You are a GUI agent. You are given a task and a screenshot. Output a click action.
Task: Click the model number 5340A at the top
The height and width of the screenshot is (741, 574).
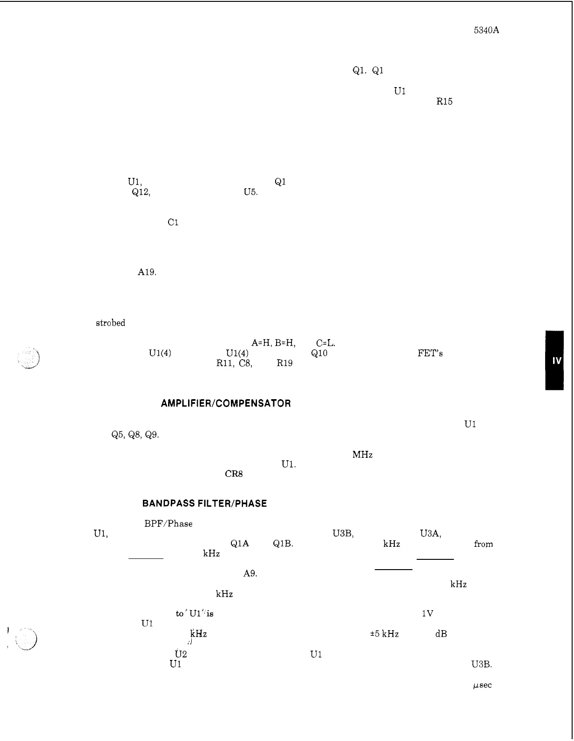pos(486,31)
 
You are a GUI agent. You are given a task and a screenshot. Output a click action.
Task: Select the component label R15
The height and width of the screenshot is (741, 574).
pos(444,102)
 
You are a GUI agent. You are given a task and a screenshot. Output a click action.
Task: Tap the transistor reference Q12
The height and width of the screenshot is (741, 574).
pos(141,192)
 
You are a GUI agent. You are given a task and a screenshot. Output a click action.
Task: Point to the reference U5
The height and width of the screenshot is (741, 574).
pos(250,192)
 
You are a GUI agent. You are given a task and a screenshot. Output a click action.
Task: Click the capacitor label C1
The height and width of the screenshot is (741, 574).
pos(173,222)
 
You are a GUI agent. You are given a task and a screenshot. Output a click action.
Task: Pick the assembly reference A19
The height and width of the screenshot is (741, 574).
pos(147,272)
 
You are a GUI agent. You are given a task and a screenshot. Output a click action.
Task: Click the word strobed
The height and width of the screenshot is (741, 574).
pos(110,323)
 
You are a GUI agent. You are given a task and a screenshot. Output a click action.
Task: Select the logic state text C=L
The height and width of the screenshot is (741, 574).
pos(325,343)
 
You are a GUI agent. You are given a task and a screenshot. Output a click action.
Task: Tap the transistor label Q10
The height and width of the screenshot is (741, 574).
pos(319,353)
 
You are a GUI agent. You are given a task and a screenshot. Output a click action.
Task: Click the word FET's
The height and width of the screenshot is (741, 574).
pos(430,353)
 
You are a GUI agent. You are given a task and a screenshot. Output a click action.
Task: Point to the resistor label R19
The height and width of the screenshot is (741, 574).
pos(284,363)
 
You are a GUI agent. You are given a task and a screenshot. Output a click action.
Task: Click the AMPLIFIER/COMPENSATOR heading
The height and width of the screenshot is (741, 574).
pos(226,403)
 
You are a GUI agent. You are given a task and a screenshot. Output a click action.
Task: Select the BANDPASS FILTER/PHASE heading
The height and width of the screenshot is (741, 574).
pos(204,503)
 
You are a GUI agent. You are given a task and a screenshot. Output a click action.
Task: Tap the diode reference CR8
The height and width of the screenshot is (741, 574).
pos(234,475)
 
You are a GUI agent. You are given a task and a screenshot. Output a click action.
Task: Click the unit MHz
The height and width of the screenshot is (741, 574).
pos(362,455)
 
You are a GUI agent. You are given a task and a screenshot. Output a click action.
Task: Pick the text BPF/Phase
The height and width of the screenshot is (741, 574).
pos(168,523)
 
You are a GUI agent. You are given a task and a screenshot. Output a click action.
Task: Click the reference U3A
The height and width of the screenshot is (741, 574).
pos(430,534)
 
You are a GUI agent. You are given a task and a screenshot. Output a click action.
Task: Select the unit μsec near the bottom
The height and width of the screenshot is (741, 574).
pos(482,685)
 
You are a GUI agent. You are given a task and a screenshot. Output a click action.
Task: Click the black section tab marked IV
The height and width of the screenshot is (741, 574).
pos(556,360)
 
